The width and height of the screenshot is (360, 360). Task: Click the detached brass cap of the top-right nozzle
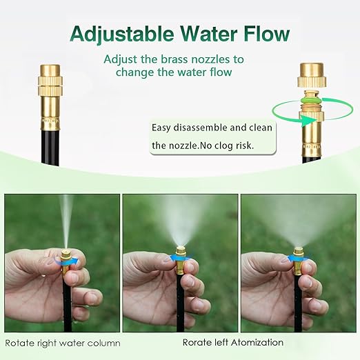pos(311,76)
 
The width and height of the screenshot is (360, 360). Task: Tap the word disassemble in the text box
pos(201,127)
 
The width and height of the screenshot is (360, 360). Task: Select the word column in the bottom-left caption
pos(104,343)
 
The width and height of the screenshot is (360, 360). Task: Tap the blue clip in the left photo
pos(66,261)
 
